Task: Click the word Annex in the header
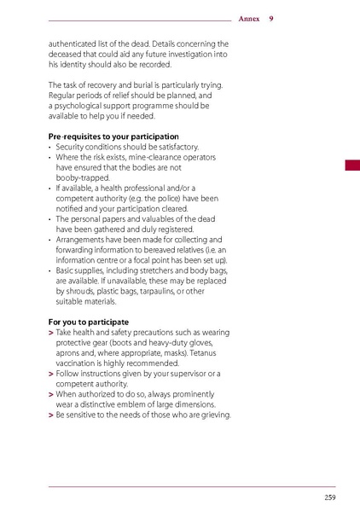(x=249, y=18)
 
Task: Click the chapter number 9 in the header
(x=270, y=18)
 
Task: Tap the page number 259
(x=329, y=497)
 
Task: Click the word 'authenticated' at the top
(x=74, y=44)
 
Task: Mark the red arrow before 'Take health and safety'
(x=51, y=333)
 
